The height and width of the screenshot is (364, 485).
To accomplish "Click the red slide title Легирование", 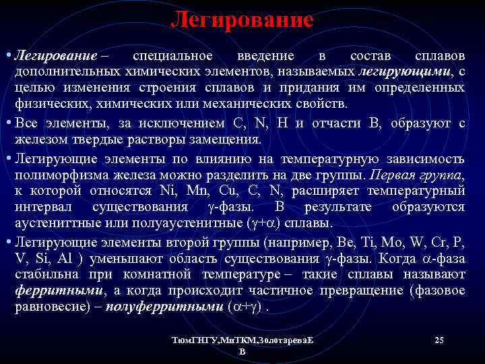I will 243,20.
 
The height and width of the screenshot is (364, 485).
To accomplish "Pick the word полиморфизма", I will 60,175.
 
